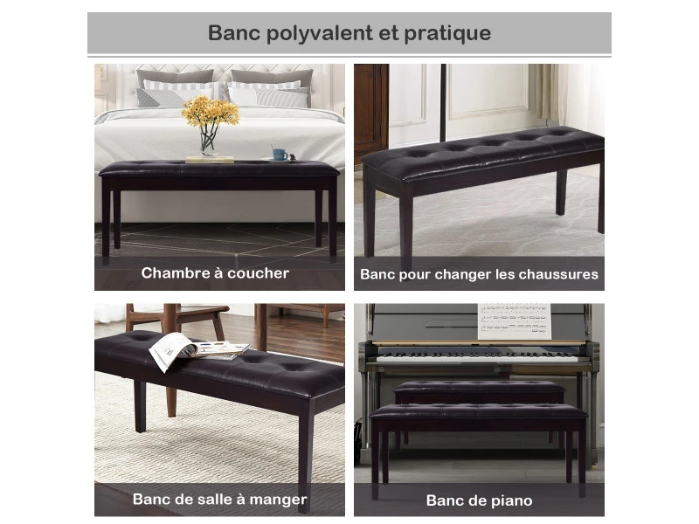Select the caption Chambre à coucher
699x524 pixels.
(x=215, y=272)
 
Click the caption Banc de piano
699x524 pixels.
(x=479, y=500)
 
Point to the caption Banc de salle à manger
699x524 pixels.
(x=219, y=500)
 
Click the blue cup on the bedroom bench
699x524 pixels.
(x=280, y=154)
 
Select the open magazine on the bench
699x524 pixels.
(x=194, y=349)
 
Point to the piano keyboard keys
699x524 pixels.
(x=476, y=357)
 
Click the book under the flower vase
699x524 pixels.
(x=210, y=159)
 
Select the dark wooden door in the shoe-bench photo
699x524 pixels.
(x=370, y=109)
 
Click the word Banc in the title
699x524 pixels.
(x=232, y=34)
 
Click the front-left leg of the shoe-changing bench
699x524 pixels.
(x=406, y=223)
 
